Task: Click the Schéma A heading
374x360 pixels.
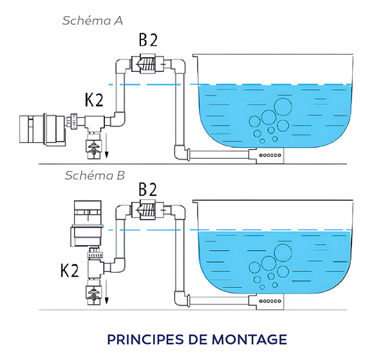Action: pos(93,21)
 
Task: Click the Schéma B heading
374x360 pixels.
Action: pos(95,175)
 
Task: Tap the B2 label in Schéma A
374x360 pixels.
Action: pos(148,40)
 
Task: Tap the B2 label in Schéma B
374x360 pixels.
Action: pos(148,190)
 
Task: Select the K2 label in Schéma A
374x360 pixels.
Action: pos(94,100)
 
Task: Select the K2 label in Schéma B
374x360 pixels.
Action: pos(70,271)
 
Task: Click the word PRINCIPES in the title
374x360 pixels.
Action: pos(145,339)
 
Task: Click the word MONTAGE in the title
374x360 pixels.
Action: pos(249,339)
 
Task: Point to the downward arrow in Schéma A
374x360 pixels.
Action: pos(106,145)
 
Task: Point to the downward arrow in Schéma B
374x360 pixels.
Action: pos(106,292)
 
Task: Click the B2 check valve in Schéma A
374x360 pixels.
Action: pos(147,64)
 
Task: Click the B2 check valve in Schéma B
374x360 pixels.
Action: pos(147,210)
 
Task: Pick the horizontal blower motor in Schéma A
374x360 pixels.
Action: pos(42,129)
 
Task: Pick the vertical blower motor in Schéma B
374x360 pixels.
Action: pos(88,224)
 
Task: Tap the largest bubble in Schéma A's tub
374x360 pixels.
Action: pos(283,107)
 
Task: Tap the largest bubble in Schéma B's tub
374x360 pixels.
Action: pos(283,253)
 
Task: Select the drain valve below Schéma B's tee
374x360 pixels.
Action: pos(94,293)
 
